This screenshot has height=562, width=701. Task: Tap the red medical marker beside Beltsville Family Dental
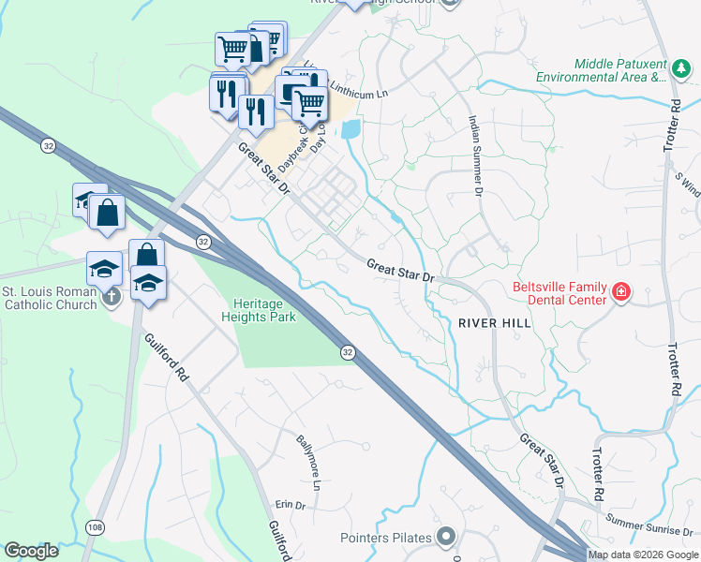click(619, 294)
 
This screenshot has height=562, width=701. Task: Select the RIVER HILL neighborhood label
click(495, 323)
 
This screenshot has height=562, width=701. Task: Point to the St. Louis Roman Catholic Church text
click(49, 298)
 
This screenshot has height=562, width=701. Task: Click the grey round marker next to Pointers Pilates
click(445, 537)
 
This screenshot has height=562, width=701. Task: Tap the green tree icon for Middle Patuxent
click(680, 69)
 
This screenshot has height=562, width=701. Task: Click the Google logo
click(31, 550)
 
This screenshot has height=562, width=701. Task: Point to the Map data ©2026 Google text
click(643, 555)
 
